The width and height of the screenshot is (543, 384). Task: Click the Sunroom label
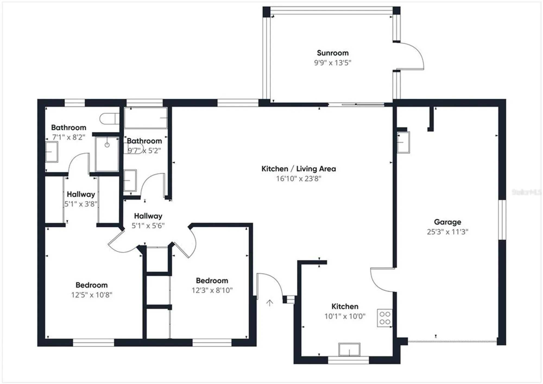click(333, 53)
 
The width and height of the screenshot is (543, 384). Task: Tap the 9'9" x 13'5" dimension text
click(333, 63)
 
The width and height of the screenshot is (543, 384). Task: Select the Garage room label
click(447, 222)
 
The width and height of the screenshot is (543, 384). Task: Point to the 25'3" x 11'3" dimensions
click(447, 232)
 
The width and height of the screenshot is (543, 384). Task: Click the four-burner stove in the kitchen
click(385, 318)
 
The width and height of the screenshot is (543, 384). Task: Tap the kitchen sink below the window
click(349, 350)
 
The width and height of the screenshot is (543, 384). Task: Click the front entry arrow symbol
click(269, 303)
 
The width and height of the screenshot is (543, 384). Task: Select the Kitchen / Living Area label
click(299, 169)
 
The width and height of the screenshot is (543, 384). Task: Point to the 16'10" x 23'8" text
click(299, 178)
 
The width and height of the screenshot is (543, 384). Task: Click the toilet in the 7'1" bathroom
click(109, 119)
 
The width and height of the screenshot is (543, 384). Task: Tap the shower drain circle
click(107, 145)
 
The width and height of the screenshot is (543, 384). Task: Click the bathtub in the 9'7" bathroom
click(146, 118)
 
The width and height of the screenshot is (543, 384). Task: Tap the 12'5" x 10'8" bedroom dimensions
click(91, 295)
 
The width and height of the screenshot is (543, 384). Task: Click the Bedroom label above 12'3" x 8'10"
click(212, 281)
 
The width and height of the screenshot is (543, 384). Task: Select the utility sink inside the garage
click(403, 143)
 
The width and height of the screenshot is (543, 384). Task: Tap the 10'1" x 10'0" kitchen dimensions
click(345, 316)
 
